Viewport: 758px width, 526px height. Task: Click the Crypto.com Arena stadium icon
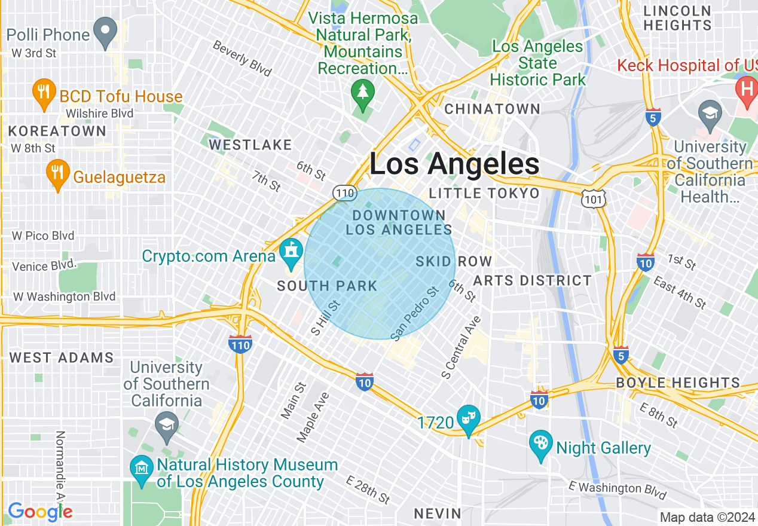291,253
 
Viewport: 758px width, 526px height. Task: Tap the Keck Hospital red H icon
746,89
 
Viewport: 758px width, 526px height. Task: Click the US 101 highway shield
596,198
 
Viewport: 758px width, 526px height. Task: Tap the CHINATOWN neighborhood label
493,109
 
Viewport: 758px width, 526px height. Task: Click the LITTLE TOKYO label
484,193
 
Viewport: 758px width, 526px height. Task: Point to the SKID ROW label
454,261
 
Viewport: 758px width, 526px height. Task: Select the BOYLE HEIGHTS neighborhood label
678,383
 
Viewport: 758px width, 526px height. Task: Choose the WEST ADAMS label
62,358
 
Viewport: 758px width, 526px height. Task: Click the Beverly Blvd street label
242,59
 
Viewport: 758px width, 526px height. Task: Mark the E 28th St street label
368,489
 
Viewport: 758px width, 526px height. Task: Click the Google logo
40,512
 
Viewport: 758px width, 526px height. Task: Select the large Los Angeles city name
454,164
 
